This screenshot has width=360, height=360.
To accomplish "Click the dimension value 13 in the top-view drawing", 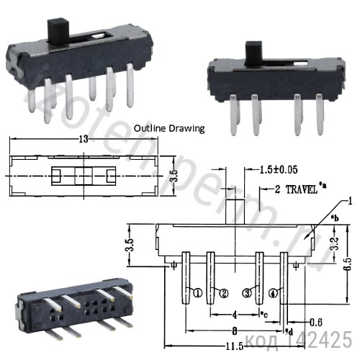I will [85, 140].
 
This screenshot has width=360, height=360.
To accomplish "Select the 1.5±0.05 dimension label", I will [276, 170].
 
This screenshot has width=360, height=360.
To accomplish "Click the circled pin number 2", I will [224, 292].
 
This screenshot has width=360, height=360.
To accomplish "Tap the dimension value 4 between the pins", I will [235, 314].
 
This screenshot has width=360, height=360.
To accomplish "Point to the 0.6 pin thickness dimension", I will [315, 321].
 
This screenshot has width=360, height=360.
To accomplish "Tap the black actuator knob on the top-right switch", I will [252, 54].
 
